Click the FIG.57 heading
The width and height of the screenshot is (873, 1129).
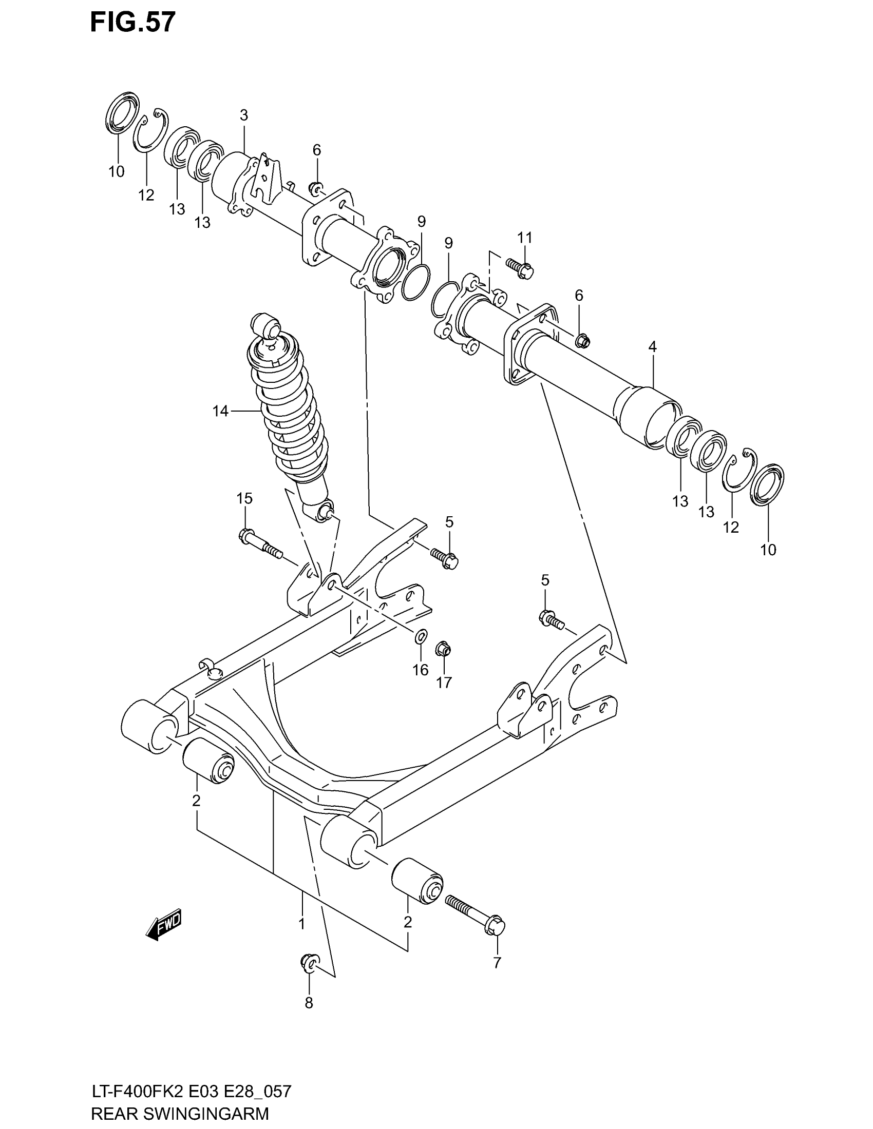click(132, 22)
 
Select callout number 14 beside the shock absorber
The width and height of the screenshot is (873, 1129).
click(220, 411)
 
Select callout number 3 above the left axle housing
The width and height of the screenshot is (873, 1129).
click(244, 115)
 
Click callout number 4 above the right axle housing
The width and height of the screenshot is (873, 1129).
click(652, 347)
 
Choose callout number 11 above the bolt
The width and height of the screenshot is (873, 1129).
click(525, 238)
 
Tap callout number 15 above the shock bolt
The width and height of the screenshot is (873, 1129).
click(244, 498)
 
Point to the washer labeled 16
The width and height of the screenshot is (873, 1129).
click(421, 636)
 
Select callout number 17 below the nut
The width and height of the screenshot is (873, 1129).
click(444, 683)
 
